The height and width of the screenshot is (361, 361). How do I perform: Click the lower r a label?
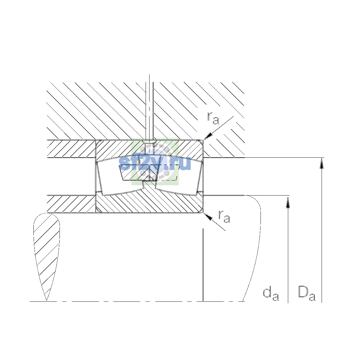[224, 216]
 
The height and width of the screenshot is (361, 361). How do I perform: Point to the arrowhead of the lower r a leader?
[208, 216]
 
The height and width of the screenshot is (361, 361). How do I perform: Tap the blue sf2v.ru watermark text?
[155, 163]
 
